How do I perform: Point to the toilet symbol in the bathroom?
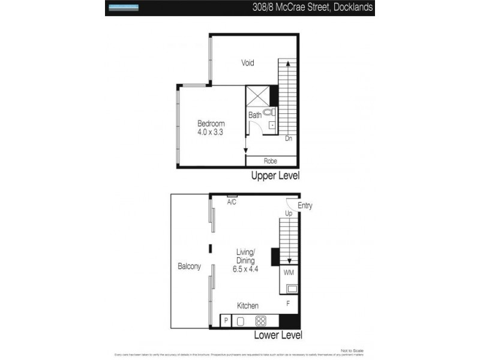point(268,112)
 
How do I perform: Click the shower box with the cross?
point(257,96)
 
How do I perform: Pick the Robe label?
point(270,161)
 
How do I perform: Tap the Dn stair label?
point(288,138)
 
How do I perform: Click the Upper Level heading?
point(275,176)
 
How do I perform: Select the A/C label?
point(232,202)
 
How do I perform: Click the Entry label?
point(305,206)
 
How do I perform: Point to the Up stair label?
point(288,213)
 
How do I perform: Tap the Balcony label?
point(189,266)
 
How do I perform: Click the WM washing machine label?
point(288,273)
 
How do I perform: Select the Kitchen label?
point(248,305)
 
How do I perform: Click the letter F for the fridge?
point(288,304)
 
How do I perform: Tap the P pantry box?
point(226,321)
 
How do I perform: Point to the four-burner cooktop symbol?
point(261,321)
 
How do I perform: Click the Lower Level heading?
point(278,335)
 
